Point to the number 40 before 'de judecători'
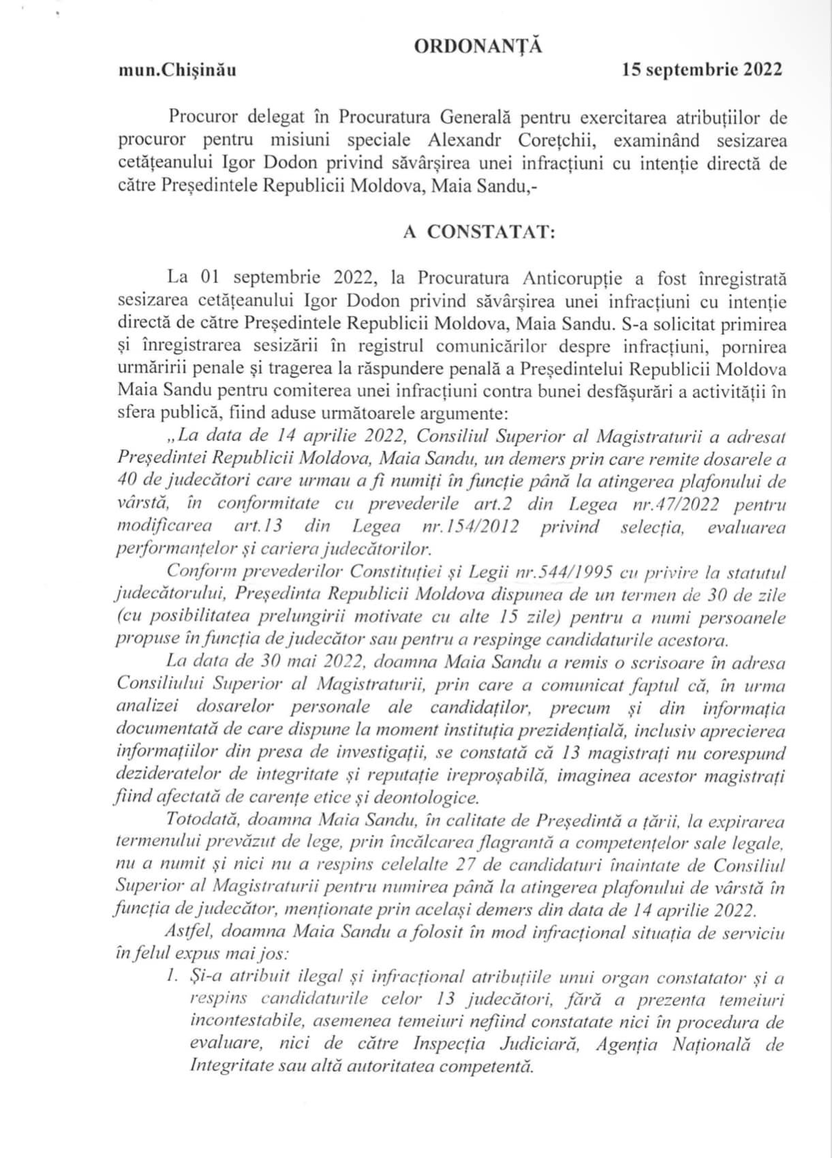tap(128, 482)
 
